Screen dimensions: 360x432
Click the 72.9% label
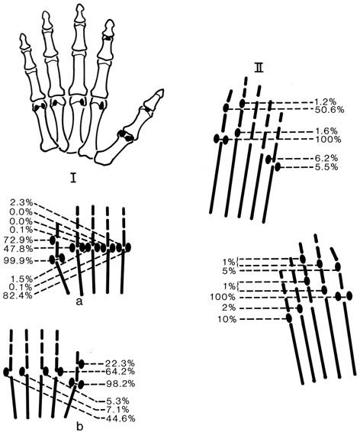click(18, 240)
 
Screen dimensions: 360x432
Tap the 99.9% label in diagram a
click(18, 260)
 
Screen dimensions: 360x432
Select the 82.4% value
click(18, 295)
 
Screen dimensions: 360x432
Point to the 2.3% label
click(21, 203)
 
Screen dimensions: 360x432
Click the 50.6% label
click(329, 110)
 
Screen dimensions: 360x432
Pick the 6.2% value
click(326, 158)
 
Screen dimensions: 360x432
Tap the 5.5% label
click(326, 167)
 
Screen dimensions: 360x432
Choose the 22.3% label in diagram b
click(120, 363)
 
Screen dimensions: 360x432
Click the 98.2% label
click(120, 383)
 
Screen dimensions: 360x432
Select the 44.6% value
click(121, 419)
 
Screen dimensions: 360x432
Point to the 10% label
click(227, 320)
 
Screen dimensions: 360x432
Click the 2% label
click(229, 308)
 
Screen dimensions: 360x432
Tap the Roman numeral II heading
click(259, 68)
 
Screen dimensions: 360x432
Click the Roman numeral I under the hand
click(73, 179)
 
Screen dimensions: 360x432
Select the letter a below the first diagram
click(79, 302)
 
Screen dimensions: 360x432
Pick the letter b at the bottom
click(79, 427)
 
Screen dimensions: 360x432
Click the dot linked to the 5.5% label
click(278, 167)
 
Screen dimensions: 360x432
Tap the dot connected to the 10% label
click(289, 318)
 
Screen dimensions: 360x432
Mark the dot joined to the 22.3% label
click(81, 363)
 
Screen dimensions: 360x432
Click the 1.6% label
click(326, 131)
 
